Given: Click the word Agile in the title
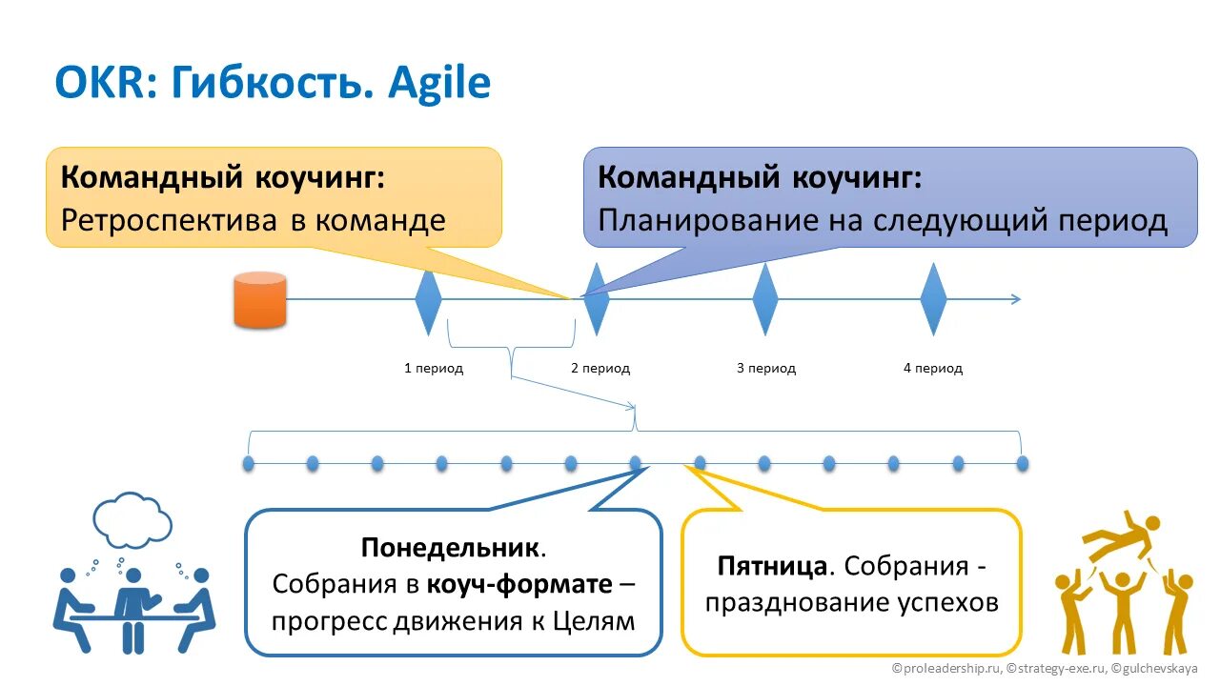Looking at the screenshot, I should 439,84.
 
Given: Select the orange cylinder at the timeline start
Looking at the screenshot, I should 260,300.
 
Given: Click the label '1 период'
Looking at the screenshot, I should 434,368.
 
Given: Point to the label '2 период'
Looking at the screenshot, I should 600,368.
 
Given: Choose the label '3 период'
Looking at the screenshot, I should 766,368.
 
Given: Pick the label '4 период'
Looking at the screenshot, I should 933,368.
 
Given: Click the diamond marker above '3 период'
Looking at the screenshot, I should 765,299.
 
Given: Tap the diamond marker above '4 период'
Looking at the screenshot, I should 933,299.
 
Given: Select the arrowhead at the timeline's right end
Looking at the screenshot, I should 1015,299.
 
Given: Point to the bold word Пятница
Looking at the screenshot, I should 772,566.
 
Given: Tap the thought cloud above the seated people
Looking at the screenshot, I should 132,519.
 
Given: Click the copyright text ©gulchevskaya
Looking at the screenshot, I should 1154,669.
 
